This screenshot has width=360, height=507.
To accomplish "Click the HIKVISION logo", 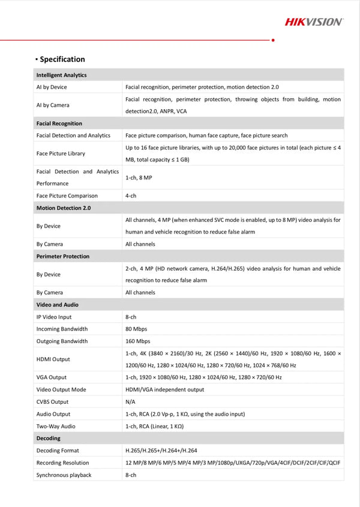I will point(314,22).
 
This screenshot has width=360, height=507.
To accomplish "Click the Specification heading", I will point(62,59).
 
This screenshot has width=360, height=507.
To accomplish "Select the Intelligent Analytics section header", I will point(61,75).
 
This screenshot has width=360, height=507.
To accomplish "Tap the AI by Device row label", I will point(52,87).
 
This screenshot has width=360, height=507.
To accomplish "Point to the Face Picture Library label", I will point(61,154).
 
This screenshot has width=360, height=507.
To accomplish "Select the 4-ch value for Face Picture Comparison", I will point(131,196).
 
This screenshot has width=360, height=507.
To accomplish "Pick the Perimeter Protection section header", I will point(63,256).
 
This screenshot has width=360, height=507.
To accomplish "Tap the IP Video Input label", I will point(54,317).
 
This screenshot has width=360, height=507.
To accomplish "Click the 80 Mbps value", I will point(136,329).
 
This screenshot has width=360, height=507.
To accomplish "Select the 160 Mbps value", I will point(137,341).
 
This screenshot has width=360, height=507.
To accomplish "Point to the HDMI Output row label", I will point(53,359).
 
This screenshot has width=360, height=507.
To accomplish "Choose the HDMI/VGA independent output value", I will point(164,389).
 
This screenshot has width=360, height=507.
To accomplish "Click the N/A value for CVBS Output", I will point(130,402).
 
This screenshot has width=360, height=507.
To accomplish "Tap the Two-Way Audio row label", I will point(56,426).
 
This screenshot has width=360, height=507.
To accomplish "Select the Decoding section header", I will point(49,439).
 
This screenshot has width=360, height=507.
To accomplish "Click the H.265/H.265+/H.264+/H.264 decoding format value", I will point(161,451).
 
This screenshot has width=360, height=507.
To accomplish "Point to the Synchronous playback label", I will point(64,475).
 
